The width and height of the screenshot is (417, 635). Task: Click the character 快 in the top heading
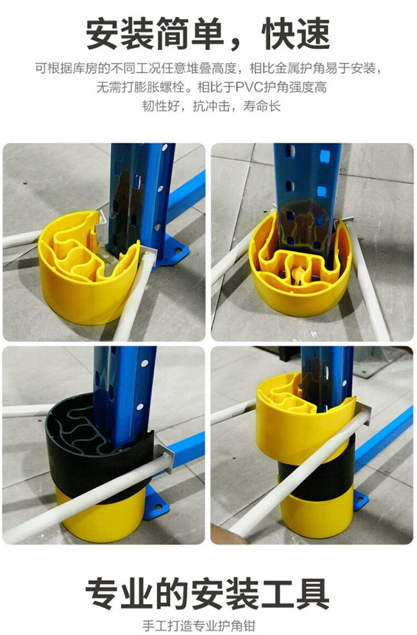(278, 33)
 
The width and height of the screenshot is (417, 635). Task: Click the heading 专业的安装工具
(207, 594)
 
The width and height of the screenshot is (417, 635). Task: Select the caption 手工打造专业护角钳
(198, 625)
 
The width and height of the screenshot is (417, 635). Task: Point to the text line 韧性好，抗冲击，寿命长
(211, 106)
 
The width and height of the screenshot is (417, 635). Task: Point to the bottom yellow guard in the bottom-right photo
(317, 513)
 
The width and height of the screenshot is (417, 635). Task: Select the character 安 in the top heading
(102, 33)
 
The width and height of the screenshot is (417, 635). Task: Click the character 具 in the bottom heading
(312, 594)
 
